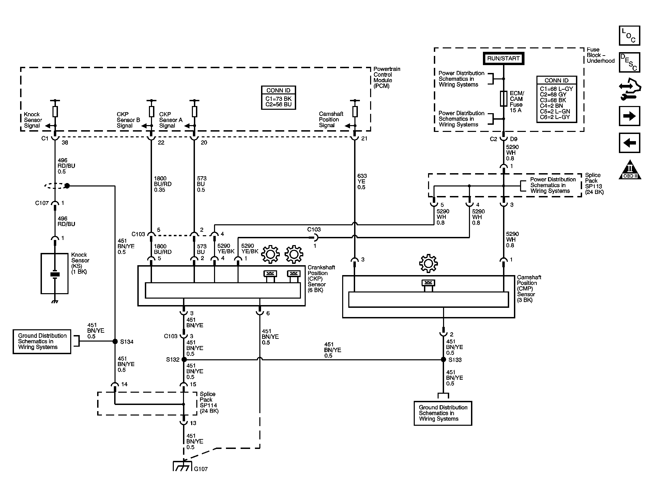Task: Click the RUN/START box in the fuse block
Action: (x=503, y=58)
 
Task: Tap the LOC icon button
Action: (x=629, y=35)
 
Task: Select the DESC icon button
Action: (x=629, y=62)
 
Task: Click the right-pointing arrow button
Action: (x=629, y=116)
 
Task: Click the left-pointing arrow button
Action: (x=629, y=142)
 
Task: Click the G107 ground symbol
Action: (x=183, y=466)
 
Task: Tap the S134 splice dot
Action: (x=115, y=341)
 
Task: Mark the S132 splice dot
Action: (x=184, y=359)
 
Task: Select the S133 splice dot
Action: (x=443, y=359)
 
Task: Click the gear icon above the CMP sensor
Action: (x=428, y=263)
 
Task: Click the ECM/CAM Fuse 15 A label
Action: (x=516, y=102)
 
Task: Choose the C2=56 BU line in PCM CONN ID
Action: (x=278, y=104)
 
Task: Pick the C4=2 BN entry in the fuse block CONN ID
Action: (x=551, y=106)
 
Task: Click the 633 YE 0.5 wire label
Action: (x=362, y=181)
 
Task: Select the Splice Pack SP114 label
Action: (x=209, y=402)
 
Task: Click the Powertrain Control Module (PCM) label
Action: (x=387, y=77)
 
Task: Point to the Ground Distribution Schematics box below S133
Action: (x=443, y=413)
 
